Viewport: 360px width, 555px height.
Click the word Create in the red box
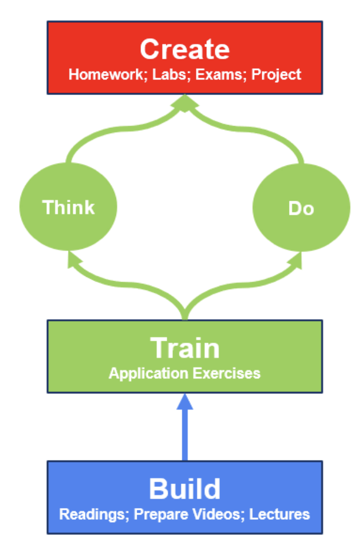(x=185, y=49)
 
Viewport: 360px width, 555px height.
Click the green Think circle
(x=69, y=207)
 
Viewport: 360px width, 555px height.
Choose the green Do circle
(x=301, y=208)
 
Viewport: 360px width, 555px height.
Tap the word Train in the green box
(x=185, y=348)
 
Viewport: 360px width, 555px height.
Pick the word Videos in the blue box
(x=218, y=515)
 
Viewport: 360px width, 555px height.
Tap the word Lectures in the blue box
(x=280, y=515)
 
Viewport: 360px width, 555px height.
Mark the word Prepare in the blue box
(x=158, y=515)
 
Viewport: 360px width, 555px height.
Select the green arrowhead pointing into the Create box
(x=185, y=104)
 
